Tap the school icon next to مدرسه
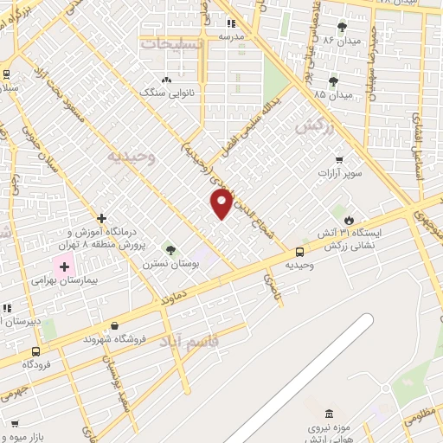pos(231,24)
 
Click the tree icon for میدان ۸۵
pos(333,80)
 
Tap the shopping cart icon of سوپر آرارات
pos(339,160)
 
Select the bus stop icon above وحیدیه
pos(299,253)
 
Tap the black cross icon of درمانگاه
pos(102,217)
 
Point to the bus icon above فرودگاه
pos(35,351)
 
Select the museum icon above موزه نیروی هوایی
pos(328,415)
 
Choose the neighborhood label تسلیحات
pos(173,42)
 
